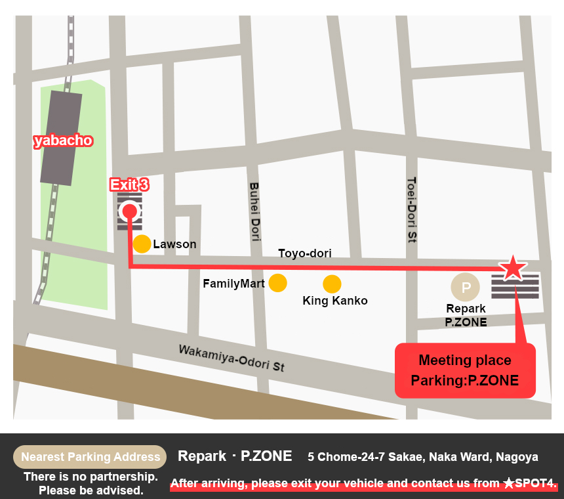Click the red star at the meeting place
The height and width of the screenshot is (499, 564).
512,268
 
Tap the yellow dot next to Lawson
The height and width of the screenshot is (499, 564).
142,244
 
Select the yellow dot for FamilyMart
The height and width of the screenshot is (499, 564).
278,283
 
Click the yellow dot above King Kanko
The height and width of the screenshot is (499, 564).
332,284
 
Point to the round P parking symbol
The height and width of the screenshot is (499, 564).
466,287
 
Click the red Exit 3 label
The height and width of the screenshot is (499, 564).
129,185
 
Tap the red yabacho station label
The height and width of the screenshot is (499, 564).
63,141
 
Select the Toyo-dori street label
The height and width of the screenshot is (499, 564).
305,253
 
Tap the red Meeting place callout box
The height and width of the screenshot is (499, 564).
465,370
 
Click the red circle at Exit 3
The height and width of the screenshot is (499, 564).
130,211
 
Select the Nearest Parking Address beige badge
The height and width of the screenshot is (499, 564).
91,457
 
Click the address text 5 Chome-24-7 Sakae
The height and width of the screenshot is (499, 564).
422,457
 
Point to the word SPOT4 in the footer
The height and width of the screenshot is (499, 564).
535,483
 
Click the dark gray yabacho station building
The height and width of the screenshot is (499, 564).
61,138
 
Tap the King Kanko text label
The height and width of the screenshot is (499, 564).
334,301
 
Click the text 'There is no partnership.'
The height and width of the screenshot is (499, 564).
91,477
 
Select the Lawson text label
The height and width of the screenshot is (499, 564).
174,244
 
